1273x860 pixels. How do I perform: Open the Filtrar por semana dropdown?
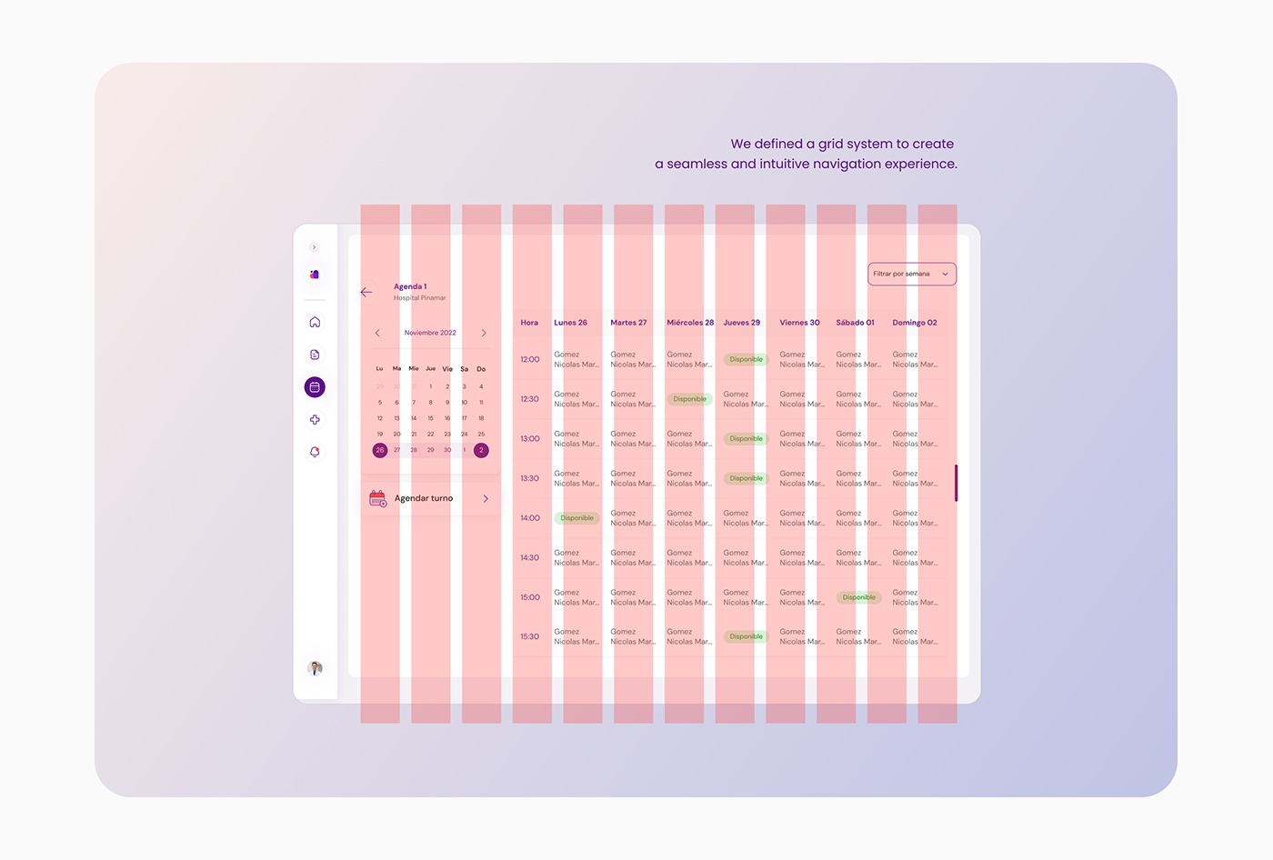point(911,274)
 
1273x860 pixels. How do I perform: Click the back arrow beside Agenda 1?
point(366,292)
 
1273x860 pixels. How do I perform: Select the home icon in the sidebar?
point(315,322)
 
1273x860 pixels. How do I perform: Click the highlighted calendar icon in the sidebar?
point(315,387)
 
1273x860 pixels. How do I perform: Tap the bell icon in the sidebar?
point(315,452)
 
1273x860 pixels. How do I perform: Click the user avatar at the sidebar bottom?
point(315,668)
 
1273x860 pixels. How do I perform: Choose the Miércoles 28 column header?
point(690,323)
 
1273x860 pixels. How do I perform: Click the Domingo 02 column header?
point(914,323)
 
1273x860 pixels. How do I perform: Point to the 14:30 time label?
point(529,557)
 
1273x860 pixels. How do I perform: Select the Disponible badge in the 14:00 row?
point(577,518)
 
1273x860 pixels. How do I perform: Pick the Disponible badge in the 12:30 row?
point(690,399)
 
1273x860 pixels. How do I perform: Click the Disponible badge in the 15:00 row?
point(859,597)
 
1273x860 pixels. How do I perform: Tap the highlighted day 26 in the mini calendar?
point(380,450)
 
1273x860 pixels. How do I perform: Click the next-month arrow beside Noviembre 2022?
point(484,333)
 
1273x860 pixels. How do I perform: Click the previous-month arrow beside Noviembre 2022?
point(377,333)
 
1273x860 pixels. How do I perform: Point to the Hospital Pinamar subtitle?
point(419,298)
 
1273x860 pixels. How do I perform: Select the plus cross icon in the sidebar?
point(315,420)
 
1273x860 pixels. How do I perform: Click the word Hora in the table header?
point(529,323)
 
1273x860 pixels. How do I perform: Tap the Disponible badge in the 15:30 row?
point(747,636)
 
